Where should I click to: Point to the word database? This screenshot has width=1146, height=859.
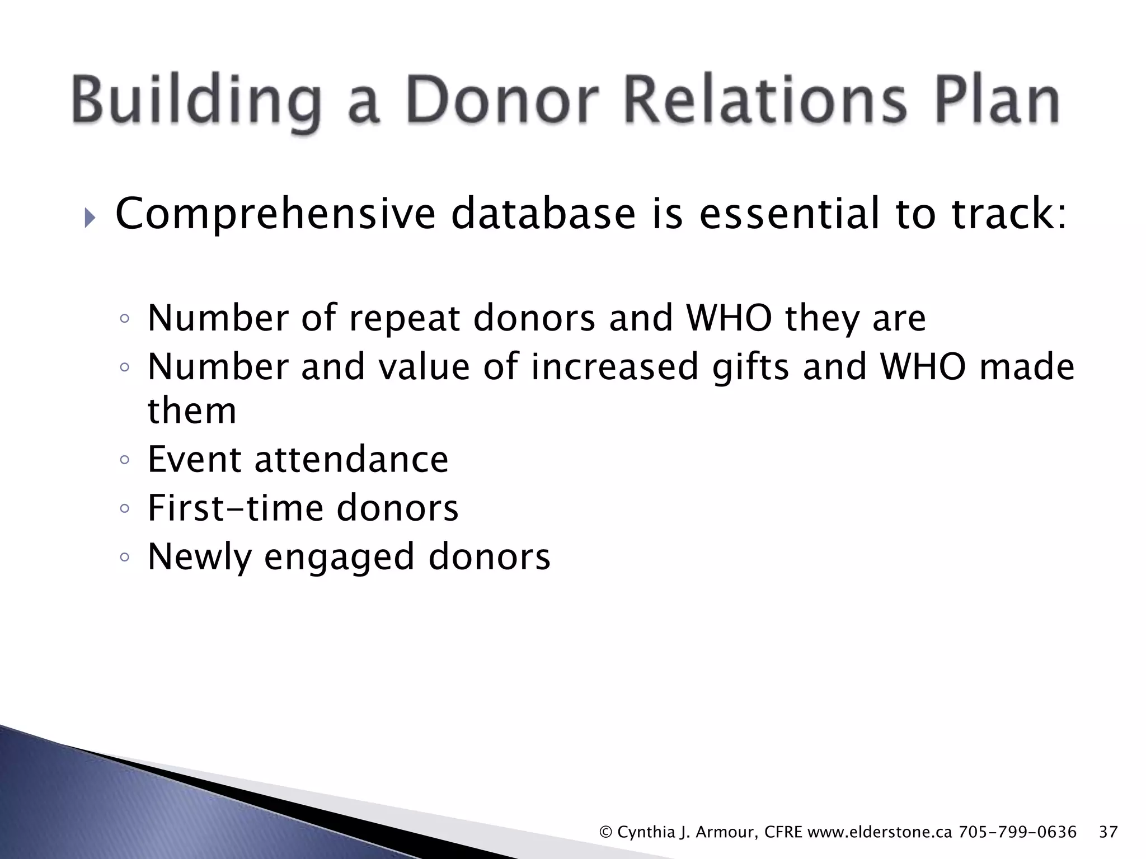point(543,214)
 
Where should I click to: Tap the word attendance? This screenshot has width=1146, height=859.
point(351,459)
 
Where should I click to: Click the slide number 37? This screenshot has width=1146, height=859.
point(1108,832)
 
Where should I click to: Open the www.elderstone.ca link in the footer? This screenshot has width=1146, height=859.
point(880,832)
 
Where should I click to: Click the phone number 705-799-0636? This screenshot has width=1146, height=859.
point(1017,832)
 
